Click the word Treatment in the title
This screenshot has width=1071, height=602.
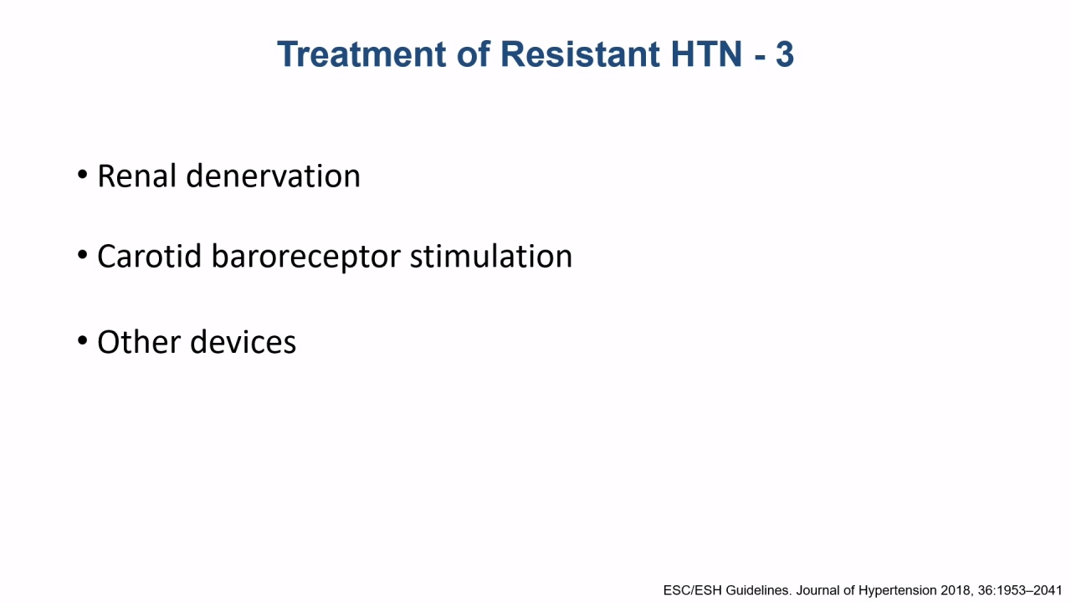click(361, 54)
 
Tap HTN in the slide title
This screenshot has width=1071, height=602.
click(706, 54)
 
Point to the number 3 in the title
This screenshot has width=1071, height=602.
click(785, 54)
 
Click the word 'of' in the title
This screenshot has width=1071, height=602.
click(474, 54)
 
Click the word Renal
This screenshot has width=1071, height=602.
click(136, 176)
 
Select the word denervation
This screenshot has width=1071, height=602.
click(273, 176)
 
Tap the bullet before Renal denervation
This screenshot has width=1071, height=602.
click(82, 175)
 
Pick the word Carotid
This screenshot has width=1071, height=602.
click(149, 256)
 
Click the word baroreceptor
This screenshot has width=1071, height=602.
click(305, 258)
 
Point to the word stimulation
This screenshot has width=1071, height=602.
click(491, 256)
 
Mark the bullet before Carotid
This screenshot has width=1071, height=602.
click(82, 255)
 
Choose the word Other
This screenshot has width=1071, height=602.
click(139, 342)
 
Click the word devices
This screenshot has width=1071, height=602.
click(243, 342)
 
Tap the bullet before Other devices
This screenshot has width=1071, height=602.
click(82, 340)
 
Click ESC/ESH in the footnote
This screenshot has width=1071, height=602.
click(692, 590)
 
